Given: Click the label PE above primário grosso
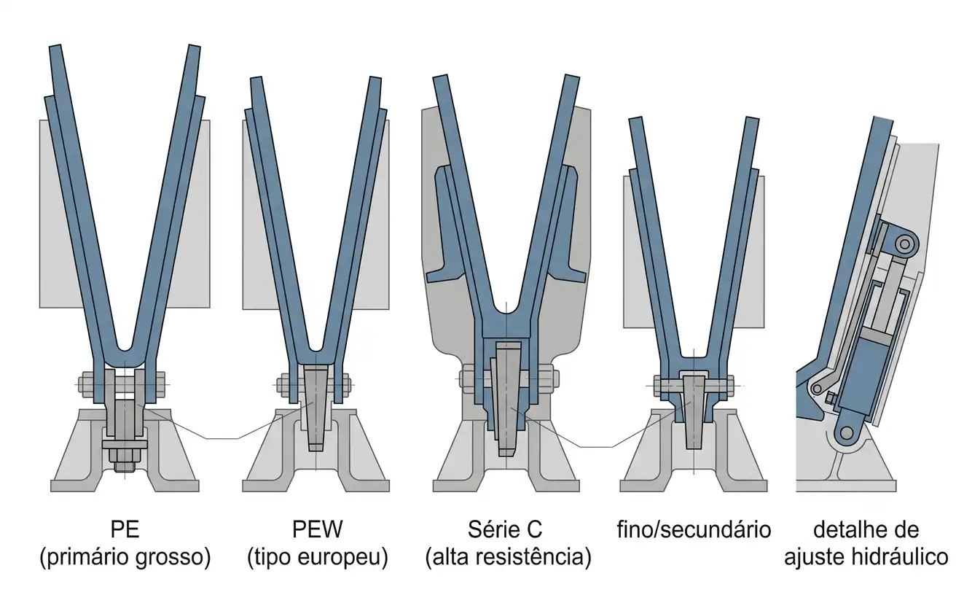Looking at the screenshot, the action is click(125, 529).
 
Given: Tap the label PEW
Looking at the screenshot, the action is click(317, 529).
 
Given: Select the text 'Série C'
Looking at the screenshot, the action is click(505, 529).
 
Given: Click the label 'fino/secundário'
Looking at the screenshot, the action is click(694, 529).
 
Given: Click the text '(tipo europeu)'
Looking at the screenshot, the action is click(318, 557).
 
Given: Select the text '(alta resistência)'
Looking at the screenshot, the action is click(509, 557).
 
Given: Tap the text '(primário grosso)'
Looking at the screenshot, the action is click(125, 557).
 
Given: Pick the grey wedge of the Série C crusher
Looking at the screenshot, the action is click(507, 400).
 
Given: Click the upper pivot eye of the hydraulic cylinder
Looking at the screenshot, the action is click(904, 245).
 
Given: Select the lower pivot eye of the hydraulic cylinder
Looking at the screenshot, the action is click(845, 435).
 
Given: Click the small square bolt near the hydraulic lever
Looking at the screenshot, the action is click(831, 398).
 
